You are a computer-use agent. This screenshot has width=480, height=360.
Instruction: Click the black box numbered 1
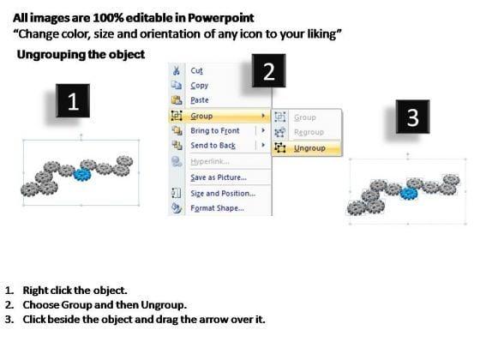pyautogui.click(x=73, y=101)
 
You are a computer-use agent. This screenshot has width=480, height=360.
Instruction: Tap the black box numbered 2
pyautogui.click(x=269, y=70)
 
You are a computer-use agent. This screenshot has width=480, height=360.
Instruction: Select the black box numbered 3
pyautogui.click(x=412, y=117)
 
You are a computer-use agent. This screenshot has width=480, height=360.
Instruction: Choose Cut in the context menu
pyautogui.click(x=196, y=70)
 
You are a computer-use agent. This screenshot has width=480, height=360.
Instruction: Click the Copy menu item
pyautogui.click(x=199, y=86)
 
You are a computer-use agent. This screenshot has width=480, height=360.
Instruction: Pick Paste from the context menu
pyautogui.click(x=200, y=100)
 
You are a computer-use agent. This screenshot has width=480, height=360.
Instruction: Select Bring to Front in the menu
pyautogui.click(x=215, y=130)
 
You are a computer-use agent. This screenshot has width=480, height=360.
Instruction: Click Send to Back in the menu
pyautogui.click(x=213, y=146)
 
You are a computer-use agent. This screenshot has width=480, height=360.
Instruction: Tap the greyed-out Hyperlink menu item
pyautogui.click(x=210, y=161)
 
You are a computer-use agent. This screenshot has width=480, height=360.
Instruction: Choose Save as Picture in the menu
pyautogui.click(x=219, y=177)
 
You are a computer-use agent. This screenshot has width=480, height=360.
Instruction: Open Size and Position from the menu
pyautogui.click(x=223, y=194)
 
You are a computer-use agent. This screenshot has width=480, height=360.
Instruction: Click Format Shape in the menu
pyautogui.click(x=218, y=208)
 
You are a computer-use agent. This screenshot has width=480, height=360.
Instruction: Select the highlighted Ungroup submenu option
pyautogui.click(x=309, y=148)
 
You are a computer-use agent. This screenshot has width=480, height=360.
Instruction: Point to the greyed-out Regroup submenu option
pyautogui.click(x=309, y=132)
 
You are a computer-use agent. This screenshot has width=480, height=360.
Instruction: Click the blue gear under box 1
pyautogui.click(x=82, y=175)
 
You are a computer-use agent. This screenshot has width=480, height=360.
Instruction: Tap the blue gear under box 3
pyautogui.click(x=409, y=194)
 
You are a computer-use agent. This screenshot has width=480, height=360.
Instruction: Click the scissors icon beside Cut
pyautogui.click(x=177, y=70)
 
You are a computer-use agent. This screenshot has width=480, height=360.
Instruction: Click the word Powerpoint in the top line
pyautogui.click(x=221, y=18)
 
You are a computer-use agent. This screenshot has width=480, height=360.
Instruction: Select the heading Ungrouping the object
pyautogui.click(x=81, y=55)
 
